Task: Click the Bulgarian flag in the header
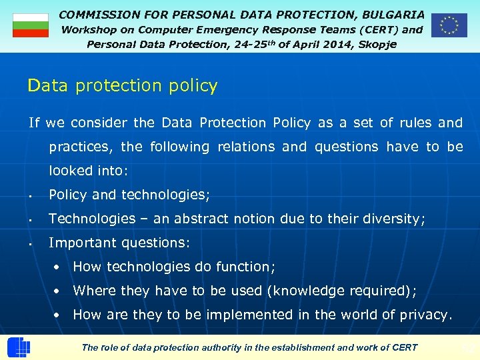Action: click(x=31, y=25)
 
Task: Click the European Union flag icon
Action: click(x=449, y=25)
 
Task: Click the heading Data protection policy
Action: click(x=123, y=86)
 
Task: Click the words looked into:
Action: click(x=88, y=171)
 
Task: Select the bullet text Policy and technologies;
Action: click(x=129, y=195)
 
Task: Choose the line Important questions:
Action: click(x=119, y=243)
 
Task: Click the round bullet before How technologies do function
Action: click(x=59, y=267)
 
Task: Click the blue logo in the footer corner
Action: click(x=18, y=347)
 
